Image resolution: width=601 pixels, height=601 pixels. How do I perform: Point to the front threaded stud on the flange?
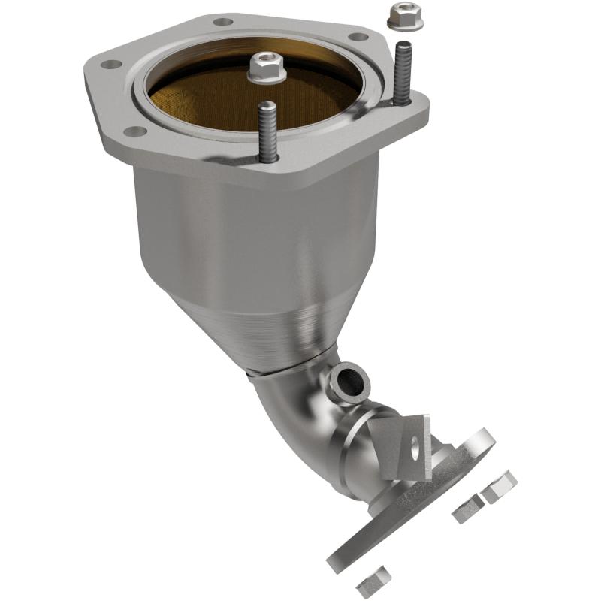pyautogui.click(x=267, y=129)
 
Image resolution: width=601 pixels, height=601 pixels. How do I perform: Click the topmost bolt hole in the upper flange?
pyautogui.click(x=223, y=21)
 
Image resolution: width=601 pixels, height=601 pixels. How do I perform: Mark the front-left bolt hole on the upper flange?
pyautogui.click(x=135, y=132)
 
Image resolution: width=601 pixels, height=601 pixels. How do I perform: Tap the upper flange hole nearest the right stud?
pyautogui.click(x=359, y=36)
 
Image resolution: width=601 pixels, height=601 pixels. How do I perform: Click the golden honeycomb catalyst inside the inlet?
pyautogui.click(x=225, y=98)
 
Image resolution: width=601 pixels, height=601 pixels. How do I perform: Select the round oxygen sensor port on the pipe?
pyautogui.click(x=350, y=383)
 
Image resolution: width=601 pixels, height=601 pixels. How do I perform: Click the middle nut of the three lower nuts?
pyautogui.click(x=467, y=511)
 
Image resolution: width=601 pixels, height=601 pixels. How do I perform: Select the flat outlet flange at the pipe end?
pyautogui.click(x=421, y=511)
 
